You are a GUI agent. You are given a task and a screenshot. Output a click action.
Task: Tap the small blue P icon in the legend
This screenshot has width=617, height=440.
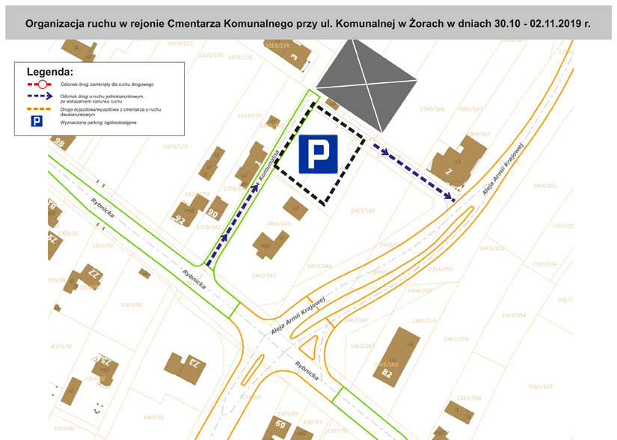click(x=36, y=120)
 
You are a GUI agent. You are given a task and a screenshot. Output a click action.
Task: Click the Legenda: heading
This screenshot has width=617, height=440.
click(x=49, y=72)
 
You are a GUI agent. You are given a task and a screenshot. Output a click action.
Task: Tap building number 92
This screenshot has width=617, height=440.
click(x=179, y=219)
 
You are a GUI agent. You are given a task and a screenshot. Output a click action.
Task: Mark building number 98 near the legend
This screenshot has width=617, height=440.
click(x=60, y=143)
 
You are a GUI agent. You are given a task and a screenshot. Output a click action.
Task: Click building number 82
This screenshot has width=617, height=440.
click(x=387, y=373)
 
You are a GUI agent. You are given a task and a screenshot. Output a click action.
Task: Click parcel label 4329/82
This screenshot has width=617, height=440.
click(x=61, y=346)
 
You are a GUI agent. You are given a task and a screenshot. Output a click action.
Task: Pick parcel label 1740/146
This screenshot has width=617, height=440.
click(x=432, y=109)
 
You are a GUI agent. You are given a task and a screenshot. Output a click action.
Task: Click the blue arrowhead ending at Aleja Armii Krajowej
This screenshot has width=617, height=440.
click(x=451, y=198)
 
